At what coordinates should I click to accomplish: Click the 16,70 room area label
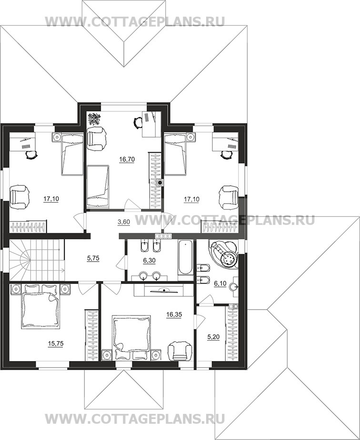pos(127,159)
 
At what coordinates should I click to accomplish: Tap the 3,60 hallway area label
pos(123,222)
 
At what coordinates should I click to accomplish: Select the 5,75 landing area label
pos(93,258)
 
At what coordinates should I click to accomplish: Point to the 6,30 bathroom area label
pos(149,261)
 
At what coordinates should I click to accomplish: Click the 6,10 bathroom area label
pos(220,284)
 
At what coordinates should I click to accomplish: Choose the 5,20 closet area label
pos(213,337)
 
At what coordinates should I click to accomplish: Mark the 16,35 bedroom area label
pos(174,314)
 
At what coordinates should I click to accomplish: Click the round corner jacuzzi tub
pos(224,254)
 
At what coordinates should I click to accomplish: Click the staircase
pos(37,260)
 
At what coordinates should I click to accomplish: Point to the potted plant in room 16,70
pos(93,119)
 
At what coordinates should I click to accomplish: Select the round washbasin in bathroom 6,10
pos(234,287)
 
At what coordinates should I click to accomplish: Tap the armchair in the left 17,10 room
pos(20,196)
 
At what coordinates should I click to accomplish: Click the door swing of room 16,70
pos(132,204)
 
